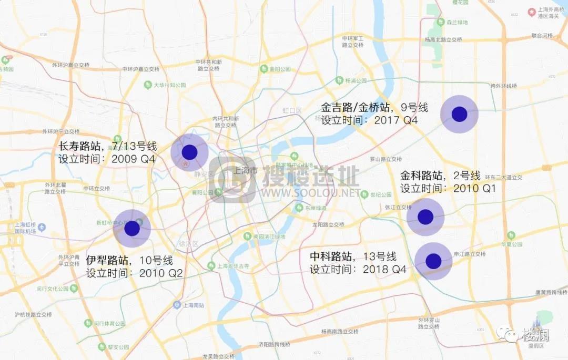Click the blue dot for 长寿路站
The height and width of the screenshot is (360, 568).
pos(189,152)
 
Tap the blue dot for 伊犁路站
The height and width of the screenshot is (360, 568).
pos(132,229)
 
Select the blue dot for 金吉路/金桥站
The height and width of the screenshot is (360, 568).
pos(459,114)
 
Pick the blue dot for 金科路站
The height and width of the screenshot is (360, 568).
pos(425,217)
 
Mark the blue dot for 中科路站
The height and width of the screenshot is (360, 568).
pos(433,261)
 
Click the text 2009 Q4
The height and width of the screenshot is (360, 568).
pos(134,159)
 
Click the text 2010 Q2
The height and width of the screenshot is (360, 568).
pos(161,273)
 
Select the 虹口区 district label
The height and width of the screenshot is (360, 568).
pos(292,110)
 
